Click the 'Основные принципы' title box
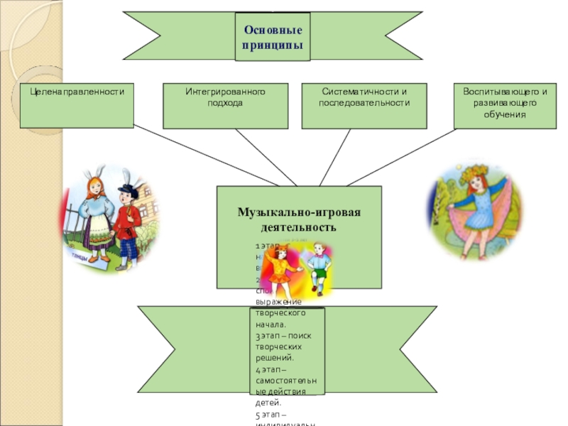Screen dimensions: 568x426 click(x=273, y=37)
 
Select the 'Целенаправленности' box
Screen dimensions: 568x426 click(x=77, y=106)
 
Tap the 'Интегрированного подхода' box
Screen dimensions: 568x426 click(x=225, y=106)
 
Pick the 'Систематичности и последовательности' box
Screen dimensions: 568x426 click(x=364, y=106)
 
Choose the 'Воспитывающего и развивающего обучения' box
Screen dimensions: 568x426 click(x=505, y=106)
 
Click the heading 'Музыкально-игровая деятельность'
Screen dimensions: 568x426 click(x=299, y=220)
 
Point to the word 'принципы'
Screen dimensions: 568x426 click(x=273, y=45)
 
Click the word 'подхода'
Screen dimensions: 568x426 click(x=225, y=103)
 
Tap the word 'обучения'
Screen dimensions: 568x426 click(x=505, y=114)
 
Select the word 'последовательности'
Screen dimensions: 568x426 click(x=364, y=103)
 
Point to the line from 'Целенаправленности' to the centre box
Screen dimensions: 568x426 click(x=177, y=155)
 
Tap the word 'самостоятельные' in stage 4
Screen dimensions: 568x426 click(x=282, y=382)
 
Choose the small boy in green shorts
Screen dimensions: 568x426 click(x=318, y=268)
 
